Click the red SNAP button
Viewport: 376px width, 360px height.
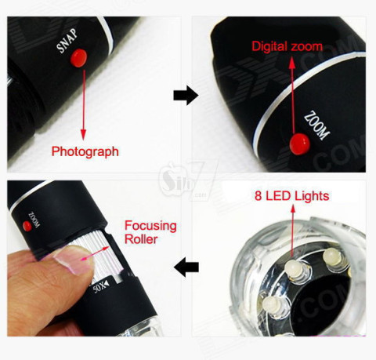[x=78, y=58]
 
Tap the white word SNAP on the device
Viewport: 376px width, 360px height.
[x=67, y=41]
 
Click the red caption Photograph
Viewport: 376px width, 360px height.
[x=85, y=151]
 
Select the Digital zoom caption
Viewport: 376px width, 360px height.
[x=287, y=46]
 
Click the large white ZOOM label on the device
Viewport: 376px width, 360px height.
[x=316, y=125]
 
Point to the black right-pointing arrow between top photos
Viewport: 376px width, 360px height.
[x=186, y=95]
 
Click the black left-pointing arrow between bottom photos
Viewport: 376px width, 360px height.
[x=186, y=267]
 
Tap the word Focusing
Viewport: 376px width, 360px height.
[x=150, y=226]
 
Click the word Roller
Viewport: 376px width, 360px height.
[x=141, y=238]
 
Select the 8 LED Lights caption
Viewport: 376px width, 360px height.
[x=292, y=196]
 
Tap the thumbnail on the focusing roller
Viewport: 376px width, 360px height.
[x=74, y=260]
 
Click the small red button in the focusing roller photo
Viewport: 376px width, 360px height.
[x=27, y=226]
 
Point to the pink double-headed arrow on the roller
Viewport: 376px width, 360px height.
[x=96, y=253]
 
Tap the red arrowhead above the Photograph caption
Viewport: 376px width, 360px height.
[x=83, y=135]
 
